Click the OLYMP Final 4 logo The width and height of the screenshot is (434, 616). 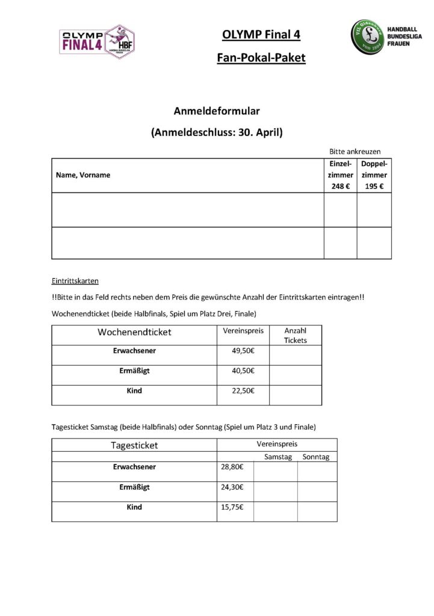pos(96,42)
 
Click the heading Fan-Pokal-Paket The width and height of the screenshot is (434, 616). pos(261,58)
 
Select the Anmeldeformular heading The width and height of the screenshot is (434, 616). pos(217,111)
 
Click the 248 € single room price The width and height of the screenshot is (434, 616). pos(340,186)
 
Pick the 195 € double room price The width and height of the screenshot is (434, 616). pos(374,186)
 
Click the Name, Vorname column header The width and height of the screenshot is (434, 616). pos(83,175)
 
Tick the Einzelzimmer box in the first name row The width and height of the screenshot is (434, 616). pos(340,209)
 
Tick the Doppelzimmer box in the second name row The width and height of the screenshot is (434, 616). pos(374,242)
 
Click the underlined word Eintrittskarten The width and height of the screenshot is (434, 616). pos(75,281)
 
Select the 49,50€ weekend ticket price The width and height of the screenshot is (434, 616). pos(243,351)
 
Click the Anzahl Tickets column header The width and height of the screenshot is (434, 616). pos(295,336)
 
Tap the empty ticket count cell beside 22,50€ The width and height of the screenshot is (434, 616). pos(295,395)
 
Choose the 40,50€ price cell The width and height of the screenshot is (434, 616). pos(243,371)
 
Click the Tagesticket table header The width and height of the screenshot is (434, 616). pos(134,445)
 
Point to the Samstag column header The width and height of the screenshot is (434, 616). pos(277,457)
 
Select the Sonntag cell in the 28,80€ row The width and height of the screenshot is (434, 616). pos(317,472)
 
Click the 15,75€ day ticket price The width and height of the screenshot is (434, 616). pos(232,507)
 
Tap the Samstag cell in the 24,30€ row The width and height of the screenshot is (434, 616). pos(275,491)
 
